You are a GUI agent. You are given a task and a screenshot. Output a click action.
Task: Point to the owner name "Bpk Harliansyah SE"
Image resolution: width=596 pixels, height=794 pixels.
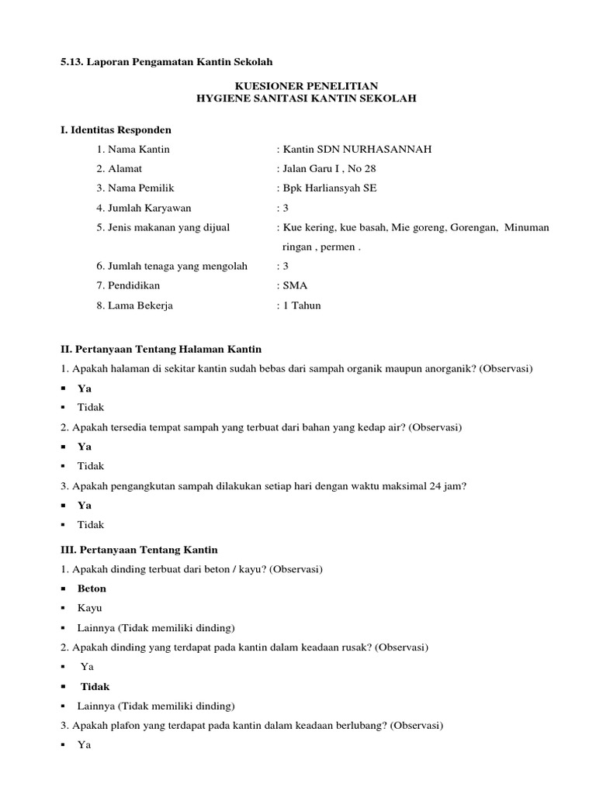330,188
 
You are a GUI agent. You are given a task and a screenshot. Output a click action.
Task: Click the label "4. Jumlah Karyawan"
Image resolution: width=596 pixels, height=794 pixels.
144,208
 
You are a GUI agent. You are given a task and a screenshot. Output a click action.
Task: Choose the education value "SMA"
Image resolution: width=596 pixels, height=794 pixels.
296,285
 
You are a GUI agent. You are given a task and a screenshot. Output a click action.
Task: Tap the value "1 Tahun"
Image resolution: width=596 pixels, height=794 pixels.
301,306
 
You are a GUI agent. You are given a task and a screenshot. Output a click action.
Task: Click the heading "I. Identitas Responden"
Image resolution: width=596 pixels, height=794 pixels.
116,129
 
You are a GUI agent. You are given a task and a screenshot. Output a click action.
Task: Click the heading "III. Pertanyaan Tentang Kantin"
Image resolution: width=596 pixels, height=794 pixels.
139,549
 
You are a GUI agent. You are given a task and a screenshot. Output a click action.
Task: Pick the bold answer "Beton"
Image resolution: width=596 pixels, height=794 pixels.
92,589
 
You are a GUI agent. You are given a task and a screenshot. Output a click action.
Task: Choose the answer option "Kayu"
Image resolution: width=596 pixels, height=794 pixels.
89,608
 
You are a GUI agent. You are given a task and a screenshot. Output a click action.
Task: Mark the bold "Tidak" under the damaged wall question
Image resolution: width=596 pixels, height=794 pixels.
95,686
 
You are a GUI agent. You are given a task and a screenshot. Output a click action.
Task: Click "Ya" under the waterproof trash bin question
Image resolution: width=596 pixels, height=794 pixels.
85,447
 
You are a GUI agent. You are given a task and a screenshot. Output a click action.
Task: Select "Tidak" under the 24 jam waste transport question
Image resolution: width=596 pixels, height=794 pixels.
91,525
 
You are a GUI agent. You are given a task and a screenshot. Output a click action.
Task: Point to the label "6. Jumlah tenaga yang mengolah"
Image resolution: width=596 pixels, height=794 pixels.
172,266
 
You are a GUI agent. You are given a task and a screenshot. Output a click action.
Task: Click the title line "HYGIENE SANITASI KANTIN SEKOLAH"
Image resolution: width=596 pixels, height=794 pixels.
307,98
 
